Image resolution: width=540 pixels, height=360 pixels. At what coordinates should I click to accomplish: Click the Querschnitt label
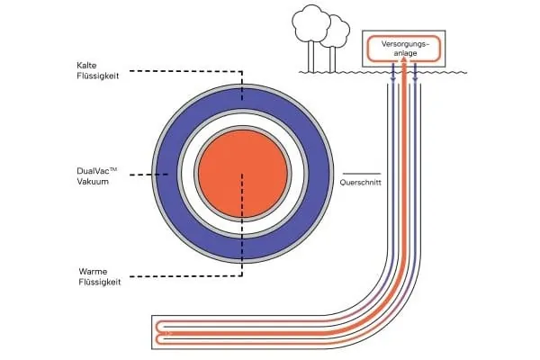coord(361,184)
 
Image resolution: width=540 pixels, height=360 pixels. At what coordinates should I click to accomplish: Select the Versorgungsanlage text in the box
coord(402,47)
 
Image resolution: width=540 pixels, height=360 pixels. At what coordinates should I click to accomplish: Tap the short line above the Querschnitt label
coord(361,172)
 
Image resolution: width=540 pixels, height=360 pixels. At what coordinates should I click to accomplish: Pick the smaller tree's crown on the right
coord(337,29)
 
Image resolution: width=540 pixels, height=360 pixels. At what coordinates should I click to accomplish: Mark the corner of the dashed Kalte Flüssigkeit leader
coord(241,70)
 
